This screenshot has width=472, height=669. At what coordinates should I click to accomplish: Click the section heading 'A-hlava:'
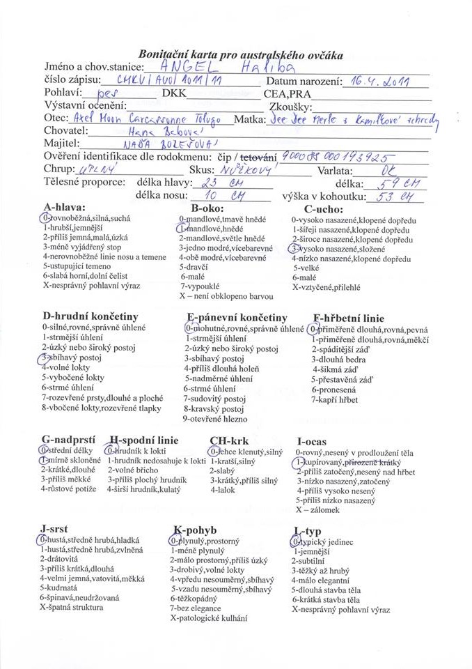[64, 208]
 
